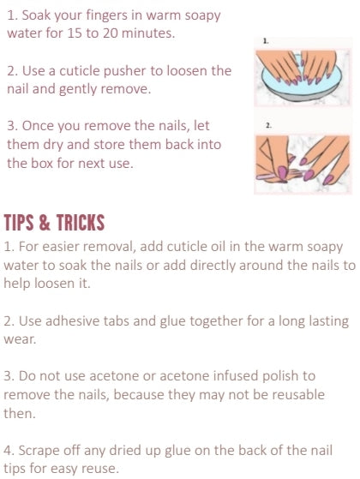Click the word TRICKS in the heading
click(x=81, y=222)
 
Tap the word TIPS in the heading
click(x=19, y=222)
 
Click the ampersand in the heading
click(x=45, y=222)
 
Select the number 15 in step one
click(x=75, y=33)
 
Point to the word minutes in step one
click(x=148, y=33)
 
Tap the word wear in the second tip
click(x=19, y=339)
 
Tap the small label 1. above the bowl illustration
click(x=266, y=41)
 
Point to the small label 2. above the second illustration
click(x=268, y=125)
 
